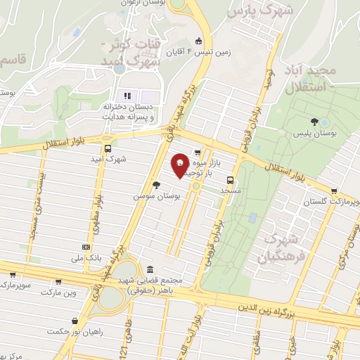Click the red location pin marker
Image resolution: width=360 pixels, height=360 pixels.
coord(181,165)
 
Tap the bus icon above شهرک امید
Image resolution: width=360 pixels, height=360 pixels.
coord(108,148)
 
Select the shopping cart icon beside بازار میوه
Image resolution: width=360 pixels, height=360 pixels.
coord(198,151)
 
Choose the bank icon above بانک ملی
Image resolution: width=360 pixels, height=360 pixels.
coord(86,247)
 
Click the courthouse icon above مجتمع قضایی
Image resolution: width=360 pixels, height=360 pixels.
coord(150,269)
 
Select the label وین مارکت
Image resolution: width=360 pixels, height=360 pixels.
coord(58,291)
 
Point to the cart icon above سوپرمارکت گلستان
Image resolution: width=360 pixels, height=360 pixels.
coord(333,191)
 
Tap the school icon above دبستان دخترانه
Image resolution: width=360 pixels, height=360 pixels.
coord(127,96)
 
